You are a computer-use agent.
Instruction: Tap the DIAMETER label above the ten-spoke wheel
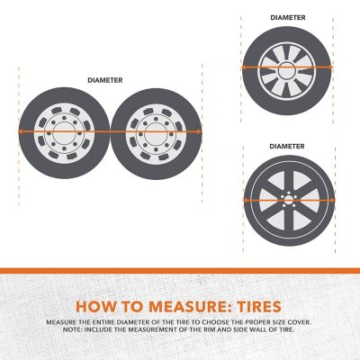[x=287, y=17]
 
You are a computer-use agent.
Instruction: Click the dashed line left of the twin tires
[x=19, y=108]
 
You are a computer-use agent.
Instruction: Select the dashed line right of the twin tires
[x=202, y=108]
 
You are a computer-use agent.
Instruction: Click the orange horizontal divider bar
[x=180, y=270]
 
